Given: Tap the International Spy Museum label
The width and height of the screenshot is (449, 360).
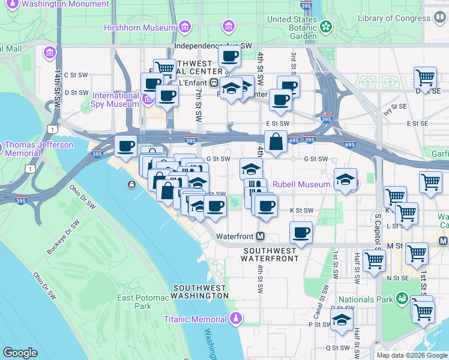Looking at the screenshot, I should click(116, 100).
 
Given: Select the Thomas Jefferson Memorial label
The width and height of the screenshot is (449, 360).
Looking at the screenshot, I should click(39, 149).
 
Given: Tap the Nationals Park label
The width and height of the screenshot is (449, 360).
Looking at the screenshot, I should click(366, 299).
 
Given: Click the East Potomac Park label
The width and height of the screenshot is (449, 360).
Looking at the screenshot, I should click(134, 301).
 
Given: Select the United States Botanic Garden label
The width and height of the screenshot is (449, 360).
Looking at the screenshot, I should click(292, 27).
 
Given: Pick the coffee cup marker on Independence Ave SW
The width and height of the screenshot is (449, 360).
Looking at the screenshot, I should click(229, 57).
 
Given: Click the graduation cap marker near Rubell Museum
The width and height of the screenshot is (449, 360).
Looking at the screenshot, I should click(345, 179).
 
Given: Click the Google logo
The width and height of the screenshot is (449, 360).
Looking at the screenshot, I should click(20, 353).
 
